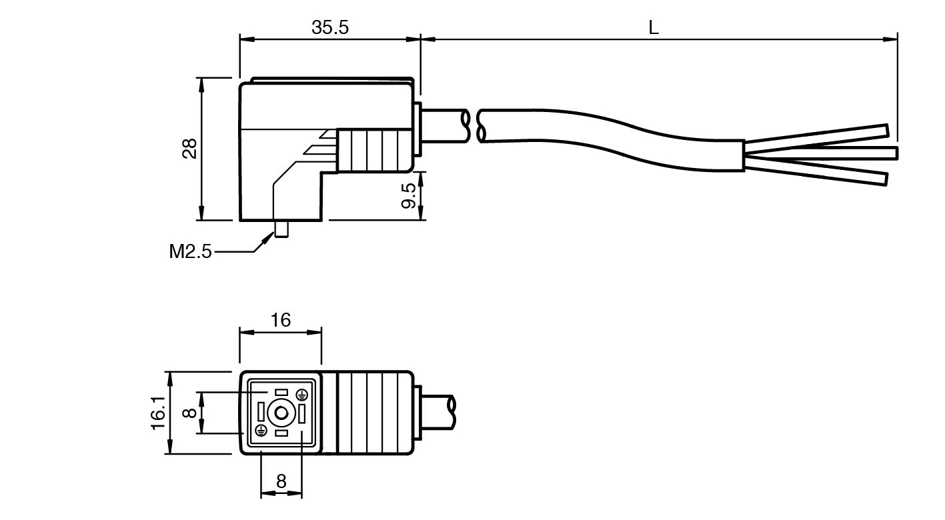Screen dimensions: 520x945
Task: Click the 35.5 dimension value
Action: click(330, 27)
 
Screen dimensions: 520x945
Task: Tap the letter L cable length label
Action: click(654, 27)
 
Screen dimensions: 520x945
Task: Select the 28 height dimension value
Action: click(191, 148)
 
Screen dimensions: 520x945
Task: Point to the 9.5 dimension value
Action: click(409, 195)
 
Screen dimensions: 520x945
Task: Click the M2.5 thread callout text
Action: click(190, 251)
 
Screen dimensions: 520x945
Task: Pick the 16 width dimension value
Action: click(281, 320)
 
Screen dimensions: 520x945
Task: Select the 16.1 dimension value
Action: click(158, 413)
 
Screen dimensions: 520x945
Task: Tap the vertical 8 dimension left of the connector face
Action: click(190, 413)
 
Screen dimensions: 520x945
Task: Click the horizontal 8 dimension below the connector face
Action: click(281, 481)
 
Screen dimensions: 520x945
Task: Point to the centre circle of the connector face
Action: click(281, 413)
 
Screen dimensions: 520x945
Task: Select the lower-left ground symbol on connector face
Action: click(261, 430)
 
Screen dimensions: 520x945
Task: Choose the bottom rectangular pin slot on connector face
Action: click(281, 433)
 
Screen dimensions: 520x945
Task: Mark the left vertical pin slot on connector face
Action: click(261, 412)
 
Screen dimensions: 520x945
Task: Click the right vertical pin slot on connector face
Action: click(301, 413)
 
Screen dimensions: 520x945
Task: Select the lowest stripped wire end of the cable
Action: click(882, 179)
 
